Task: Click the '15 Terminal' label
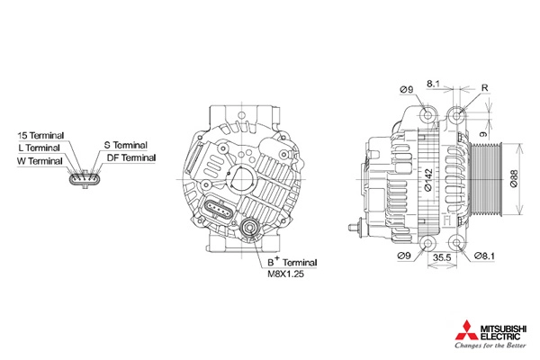point(40,135)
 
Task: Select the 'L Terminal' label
point(39,148)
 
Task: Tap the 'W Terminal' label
point(40,161)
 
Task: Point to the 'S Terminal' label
point(126,145)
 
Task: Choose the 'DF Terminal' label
point(131,157)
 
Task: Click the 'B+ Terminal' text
point(292,262)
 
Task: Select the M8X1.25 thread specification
point(286,274)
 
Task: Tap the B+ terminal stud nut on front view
point(249,228)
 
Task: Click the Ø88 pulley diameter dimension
point(514,179)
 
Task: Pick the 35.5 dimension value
point(442,257)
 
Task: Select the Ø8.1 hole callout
point(484,256)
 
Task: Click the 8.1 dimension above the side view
point(433,84)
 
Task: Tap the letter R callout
point(484,88)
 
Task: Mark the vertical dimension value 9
point(484,134)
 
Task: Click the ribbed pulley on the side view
point(486,179)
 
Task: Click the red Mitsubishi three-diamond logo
point(467,330)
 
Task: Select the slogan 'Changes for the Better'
point(490,346)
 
